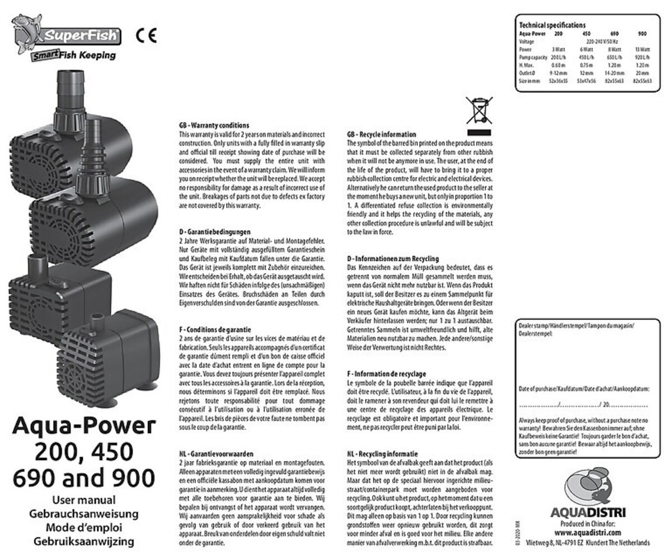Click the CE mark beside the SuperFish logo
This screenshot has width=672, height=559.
146,36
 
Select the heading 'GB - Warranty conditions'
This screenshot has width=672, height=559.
213,126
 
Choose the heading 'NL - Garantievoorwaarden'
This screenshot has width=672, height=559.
215,454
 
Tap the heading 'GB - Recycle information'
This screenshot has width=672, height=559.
381,135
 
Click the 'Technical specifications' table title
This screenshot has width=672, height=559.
552,25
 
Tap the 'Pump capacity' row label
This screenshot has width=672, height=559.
533,56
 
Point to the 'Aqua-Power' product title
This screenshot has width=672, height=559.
82,427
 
